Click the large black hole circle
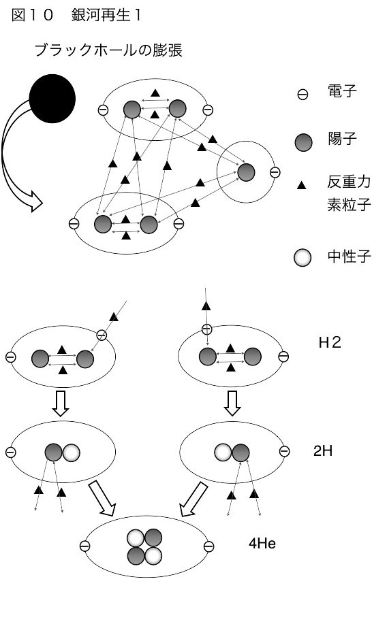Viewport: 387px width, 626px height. (52, 99)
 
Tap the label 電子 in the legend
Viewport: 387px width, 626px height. (342, 91)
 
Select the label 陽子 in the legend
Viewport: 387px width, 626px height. (342, 139)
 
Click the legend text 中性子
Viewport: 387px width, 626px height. (349, 256)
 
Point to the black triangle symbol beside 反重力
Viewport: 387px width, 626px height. (301, 185)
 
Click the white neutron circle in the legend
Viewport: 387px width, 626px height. (303, 257)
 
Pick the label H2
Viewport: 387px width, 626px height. (330, 342)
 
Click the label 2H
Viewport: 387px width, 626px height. (323, 450)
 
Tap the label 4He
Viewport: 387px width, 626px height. (262, 544)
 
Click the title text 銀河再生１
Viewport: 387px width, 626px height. (106, 15)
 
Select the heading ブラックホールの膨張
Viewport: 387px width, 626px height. (108, 50)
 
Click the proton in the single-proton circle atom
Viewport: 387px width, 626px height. (246, 172)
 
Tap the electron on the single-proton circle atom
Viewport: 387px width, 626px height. (275, 172)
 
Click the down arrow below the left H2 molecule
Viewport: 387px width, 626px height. (61, 403)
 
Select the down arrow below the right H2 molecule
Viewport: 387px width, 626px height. (232, 403)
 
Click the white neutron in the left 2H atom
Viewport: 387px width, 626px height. (71, 452)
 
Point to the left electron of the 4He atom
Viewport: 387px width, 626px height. (84, 546)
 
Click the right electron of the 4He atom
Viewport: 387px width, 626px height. (208, 546)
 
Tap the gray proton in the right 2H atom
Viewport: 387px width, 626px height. (241, 452)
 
